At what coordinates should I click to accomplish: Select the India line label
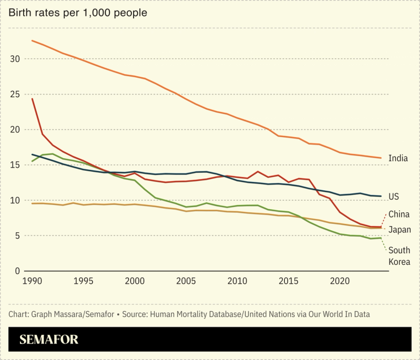point(398,158)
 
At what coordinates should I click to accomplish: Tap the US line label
point(393,197)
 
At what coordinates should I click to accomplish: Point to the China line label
point(399,214)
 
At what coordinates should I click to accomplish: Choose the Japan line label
point(399,230)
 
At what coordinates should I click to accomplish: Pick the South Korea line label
point(399,256)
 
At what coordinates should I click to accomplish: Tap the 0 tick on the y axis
point(17,271)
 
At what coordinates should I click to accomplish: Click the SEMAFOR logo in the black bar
point(49,340)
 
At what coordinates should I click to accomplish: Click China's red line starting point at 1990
point(32,99)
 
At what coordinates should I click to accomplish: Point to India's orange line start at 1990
point(32,40)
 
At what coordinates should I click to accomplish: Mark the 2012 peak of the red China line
point(258,171)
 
